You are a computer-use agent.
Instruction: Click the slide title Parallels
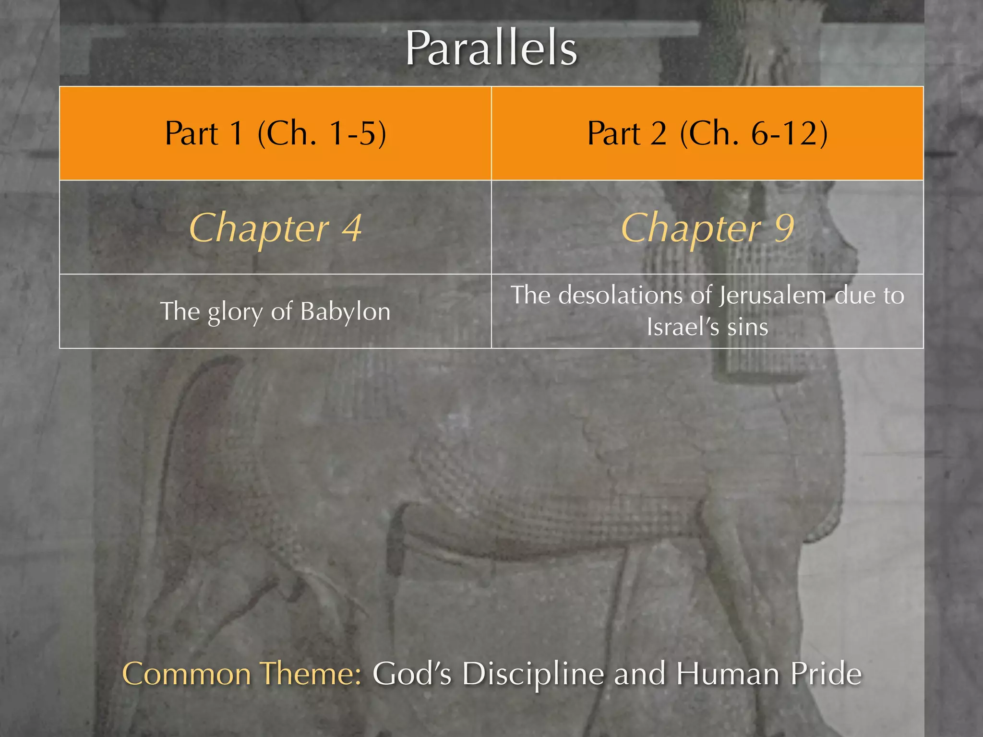coord(491,48)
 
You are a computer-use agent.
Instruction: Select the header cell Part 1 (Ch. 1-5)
coord(275,133)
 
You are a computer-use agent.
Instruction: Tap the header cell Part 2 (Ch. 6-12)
coord(707,133)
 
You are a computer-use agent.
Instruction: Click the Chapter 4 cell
coord(275,228)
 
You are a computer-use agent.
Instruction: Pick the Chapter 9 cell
coord(707,228)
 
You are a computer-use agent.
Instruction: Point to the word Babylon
coord(345,312)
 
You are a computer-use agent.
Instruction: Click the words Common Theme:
coord(242,674)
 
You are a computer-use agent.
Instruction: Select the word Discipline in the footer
coord(533,674)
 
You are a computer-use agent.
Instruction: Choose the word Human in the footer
coord(728,674)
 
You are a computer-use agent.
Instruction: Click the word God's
coord(412,674)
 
